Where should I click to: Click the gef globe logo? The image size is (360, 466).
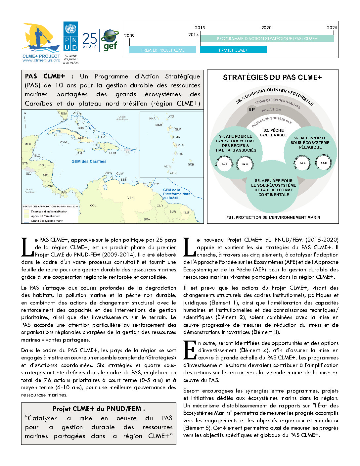[110, 40]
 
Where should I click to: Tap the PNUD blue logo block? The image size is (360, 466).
[70, 36]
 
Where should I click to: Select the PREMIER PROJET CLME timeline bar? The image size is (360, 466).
[162, 50]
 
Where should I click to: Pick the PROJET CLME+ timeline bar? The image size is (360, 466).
[233, 50]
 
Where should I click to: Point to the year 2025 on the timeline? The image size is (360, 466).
[332, 28]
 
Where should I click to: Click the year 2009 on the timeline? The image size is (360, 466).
[129, 36]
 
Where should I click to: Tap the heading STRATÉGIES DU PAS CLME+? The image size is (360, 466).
[272, 77]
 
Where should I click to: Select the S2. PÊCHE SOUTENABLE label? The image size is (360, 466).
[273, 133]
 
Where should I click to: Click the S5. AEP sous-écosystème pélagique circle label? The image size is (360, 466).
[310, 143]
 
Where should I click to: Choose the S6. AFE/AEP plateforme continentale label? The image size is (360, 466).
[274, 188]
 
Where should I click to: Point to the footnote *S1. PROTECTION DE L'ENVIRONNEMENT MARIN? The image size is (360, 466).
[274, 217]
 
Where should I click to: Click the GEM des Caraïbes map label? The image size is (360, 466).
[89, 162]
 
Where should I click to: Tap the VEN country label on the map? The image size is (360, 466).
[130, 198]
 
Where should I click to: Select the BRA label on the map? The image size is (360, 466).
[147, 219]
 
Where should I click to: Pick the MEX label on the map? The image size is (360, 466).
[28, 144]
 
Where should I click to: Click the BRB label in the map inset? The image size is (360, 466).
[191, 164]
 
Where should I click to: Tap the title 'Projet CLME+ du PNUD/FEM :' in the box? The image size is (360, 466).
[99, 409]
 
